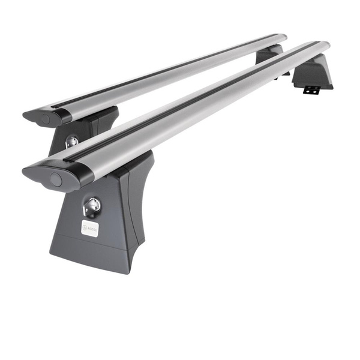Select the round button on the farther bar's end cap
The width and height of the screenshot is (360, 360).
click(46, 119)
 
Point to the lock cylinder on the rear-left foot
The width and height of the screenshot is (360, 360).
click(71, 142)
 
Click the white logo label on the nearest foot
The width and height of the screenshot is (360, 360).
click(89, 228)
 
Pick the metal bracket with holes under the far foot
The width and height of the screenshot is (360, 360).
click(311, 90)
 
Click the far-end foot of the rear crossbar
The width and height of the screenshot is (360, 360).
click(270, 55)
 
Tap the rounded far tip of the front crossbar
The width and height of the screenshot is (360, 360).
click(324, 46)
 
